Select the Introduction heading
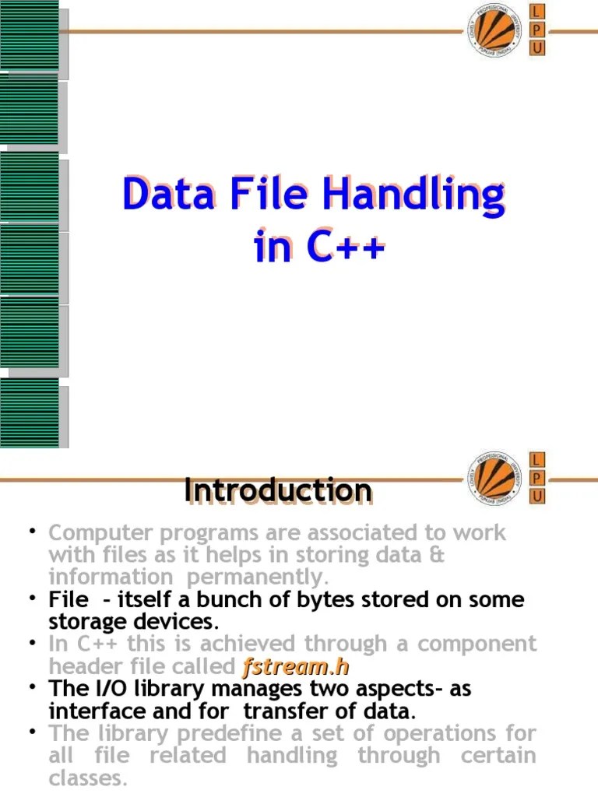(278, 491)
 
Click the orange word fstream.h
(295, 666)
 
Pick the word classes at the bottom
(87, 778)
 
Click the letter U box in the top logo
(537, 48)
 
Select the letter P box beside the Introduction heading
(537, 477)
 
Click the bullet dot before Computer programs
(33, 532)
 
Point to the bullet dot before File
(33, 599)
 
